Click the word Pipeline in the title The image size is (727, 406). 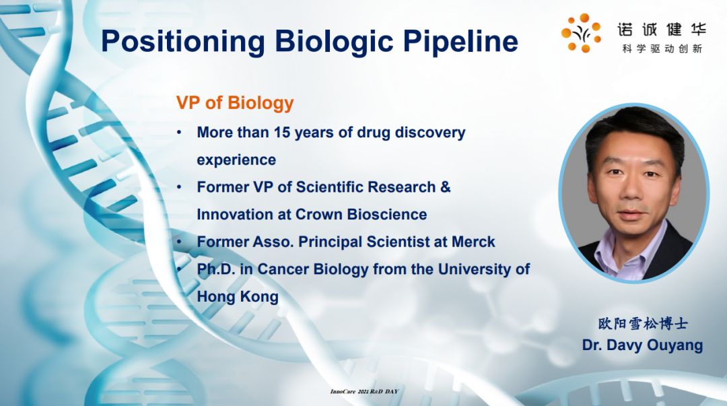point(460,42)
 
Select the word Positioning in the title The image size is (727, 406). point(183,42)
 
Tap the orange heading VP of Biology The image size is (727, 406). point(235,103)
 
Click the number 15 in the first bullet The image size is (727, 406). point(281,132)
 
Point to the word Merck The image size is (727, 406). point(473,242)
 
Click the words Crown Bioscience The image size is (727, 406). point(361,214)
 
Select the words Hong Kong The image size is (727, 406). point(238,296)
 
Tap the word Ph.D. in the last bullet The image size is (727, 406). point(216,269)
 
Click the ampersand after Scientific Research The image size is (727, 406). point(446,187)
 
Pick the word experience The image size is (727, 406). point(236,160)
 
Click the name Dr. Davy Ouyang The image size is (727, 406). point(643,345)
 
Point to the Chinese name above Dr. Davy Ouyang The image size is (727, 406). point(643,323)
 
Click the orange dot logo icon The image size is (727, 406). point(581,33)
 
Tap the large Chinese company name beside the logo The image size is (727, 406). point(662,29)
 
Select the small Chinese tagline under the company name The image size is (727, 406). point(662,48)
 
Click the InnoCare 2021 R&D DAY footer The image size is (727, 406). point(364,392)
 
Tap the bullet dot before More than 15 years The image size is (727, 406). point(179,133)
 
